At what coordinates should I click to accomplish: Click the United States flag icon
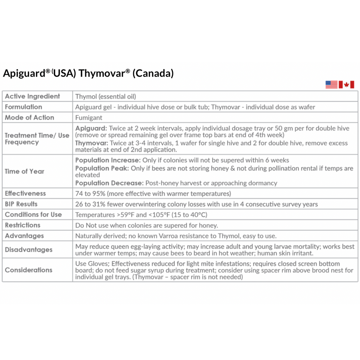coord(331,84)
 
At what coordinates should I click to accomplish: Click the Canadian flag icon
coord(346,84)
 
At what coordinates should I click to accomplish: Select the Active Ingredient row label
coord(32,96)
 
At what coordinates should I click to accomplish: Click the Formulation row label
coord(24,107)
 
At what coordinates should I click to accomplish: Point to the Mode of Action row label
coord(30,117)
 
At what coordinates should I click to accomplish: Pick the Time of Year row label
coord(25,171)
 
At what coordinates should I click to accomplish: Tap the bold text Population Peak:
coord(102,168)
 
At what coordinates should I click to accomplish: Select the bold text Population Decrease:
coord(109,183)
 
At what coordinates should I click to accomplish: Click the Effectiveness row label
coord(25,193)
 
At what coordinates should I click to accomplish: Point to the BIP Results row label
coord(21,204)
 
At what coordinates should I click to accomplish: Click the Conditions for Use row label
coord(33,214)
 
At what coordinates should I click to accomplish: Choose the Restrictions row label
coord(23,225)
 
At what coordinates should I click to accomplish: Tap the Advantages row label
coord(24,236)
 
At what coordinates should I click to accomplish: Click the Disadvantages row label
coord(29,250)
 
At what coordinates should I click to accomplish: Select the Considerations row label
coord(29,270)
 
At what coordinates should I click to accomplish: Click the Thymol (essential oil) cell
coord(106,96)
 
